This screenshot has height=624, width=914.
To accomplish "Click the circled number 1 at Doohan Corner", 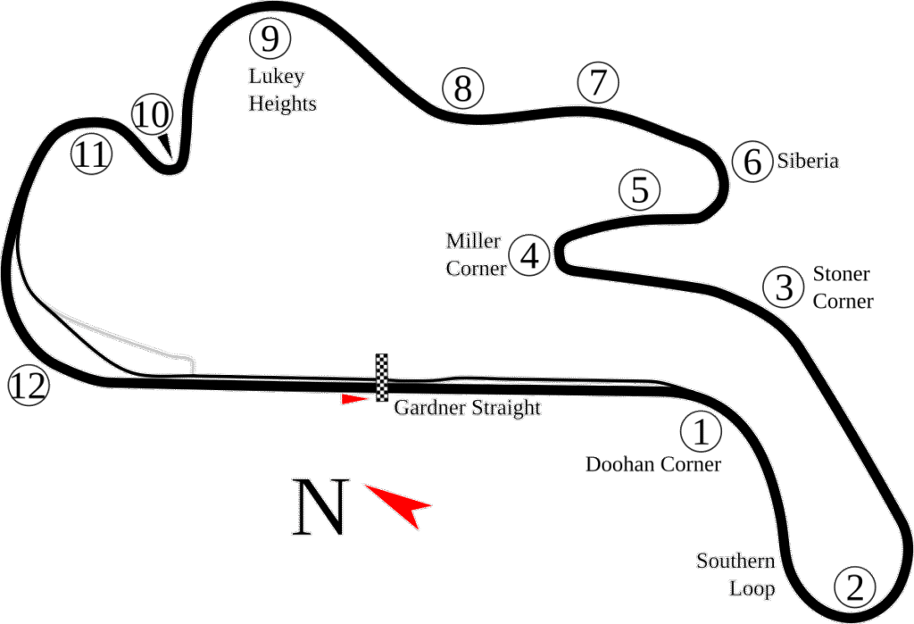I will [x=701, y=432].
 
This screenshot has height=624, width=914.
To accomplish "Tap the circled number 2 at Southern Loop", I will [x=854, y=587].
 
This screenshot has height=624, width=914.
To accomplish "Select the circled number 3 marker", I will [x=784, y=287].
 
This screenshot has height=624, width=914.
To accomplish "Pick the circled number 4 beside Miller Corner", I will [x=528, y=256].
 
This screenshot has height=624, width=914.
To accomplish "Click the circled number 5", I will [x=638, y=190].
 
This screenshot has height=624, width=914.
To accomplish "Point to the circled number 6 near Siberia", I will [x=752, y=162].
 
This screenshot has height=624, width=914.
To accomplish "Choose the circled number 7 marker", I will [x=597, y=83].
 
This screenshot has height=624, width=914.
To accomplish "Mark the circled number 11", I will [x=92, y=155].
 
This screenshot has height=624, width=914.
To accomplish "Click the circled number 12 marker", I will [x=29, y=387].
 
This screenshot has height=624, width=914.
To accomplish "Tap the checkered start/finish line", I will [x=383, y=377].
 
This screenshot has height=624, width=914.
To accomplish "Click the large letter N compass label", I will [x=319, y=508].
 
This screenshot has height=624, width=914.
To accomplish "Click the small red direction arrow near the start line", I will [x=354, y=400].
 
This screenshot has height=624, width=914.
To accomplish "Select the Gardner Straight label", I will [x=467, y=409].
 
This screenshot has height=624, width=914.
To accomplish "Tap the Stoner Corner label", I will [x=842, y=287].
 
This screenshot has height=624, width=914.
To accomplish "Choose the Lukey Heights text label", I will [x=281, y=90].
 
